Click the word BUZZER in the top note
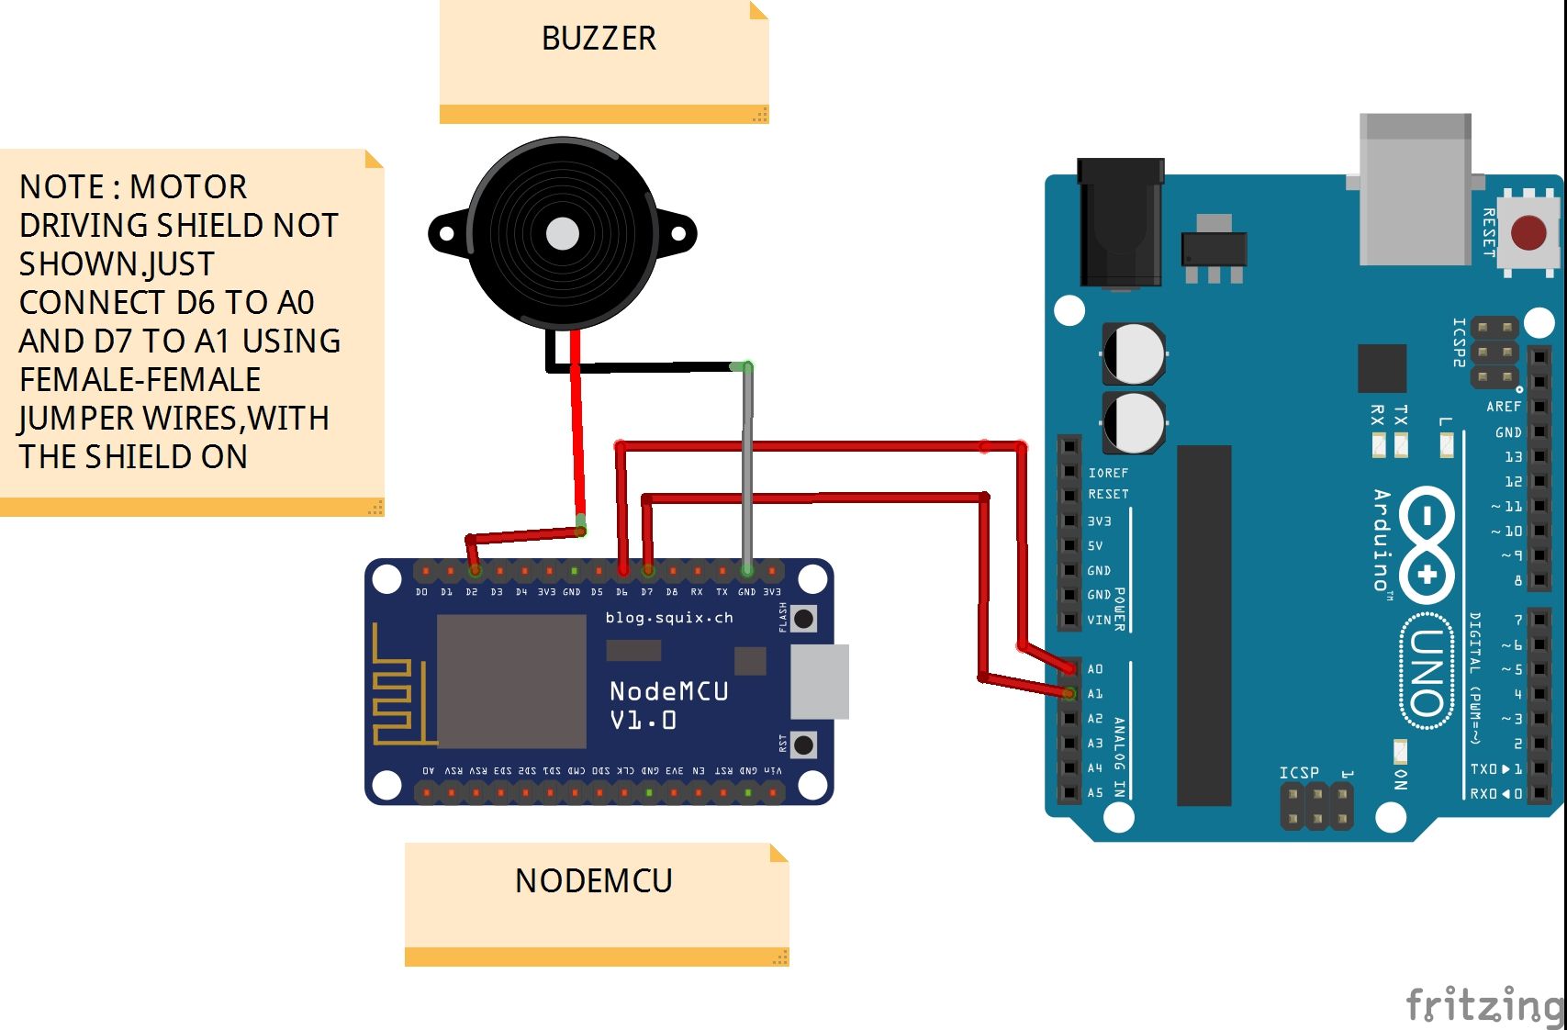(x=599, y=39)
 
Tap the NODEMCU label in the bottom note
(x=594, y=880)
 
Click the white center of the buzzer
(x=563, y=233)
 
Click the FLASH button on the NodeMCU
(x=804, y=618)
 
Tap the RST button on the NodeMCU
(x=804, y=744)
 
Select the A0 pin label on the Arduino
(x=1095, y=669)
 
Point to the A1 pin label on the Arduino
(x=1095, y=694)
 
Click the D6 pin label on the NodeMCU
(x=621, y=592)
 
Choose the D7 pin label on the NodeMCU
(x=647, y=592)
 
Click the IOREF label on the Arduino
(x=1108, y=473)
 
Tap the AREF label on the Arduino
(x=1504, y=407)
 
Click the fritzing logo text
(x=1484, y=1004)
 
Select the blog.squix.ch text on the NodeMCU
(x=669, y=618)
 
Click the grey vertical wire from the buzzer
(x=748, y=468)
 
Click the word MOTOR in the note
(x=188, y=187)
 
